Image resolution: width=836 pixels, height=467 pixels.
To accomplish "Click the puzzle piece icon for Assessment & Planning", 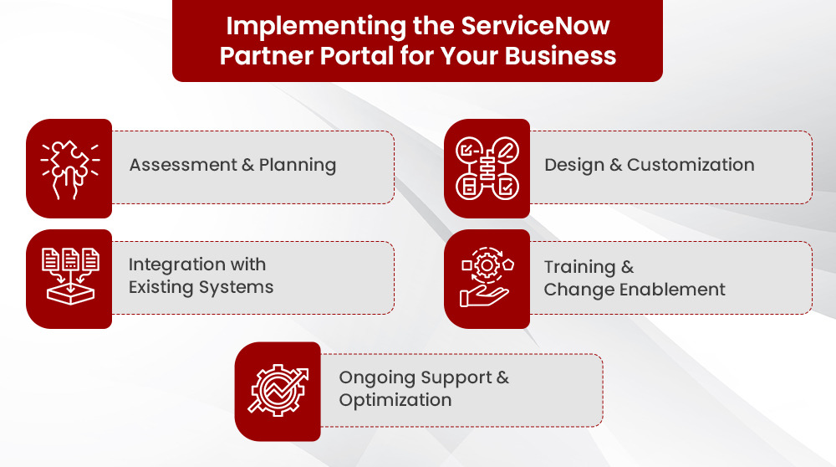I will (x=69, y=168).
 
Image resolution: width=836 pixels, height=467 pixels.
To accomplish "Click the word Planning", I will (x=298, y=165).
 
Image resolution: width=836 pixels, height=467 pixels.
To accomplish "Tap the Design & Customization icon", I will (x=487, y=168).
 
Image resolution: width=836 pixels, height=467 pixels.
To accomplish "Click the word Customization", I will (x=691, y=165).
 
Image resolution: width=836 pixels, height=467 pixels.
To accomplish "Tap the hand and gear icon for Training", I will (x=487, y=279).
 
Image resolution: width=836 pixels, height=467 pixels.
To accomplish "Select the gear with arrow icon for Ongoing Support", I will (x=278, y=391).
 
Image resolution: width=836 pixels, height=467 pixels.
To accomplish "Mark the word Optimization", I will (x=395, y=400).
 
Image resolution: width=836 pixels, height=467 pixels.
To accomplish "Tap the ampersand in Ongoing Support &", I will (x=502, y=377).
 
